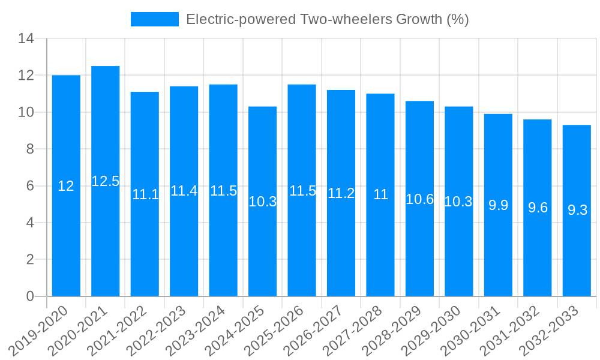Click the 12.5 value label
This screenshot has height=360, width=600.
106,181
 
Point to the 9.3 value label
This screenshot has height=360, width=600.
577,211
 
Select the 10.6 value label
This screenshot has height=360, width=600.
420,199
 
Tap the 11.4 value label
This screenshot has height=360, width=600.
184,191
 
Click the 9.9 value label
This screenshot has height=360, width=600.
499,205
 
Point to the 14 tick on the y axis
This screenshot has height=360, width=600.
26,39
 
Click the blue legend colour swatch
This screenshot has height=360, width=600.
155,19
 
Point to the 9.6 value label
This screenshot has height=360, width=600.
538,208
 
